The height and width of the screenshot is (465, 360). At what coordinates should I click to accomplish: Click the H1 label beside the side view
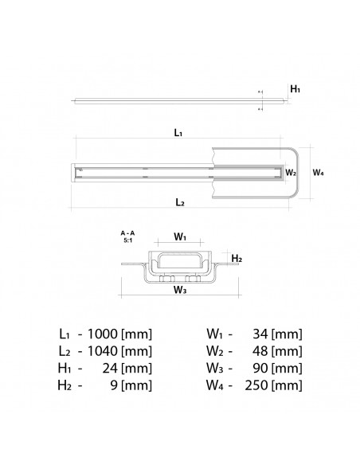(x=295, y=90)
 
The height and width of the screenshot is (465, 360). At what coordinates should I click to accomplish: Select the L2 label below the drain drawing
(x=180, y=204)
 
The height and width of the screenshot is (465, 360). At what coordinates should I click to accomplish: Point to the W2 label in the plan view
(x=291, y=171)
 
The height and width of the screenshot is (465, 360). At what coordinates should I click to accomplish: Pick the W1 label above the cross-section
(x=180, y=237)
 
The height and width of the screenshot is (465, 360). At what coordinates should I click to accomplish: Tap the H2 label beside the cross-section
(x=236, y=259)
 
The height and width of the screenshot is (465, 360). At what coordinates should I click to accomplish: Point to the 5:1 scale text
(x=127, y=240)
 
